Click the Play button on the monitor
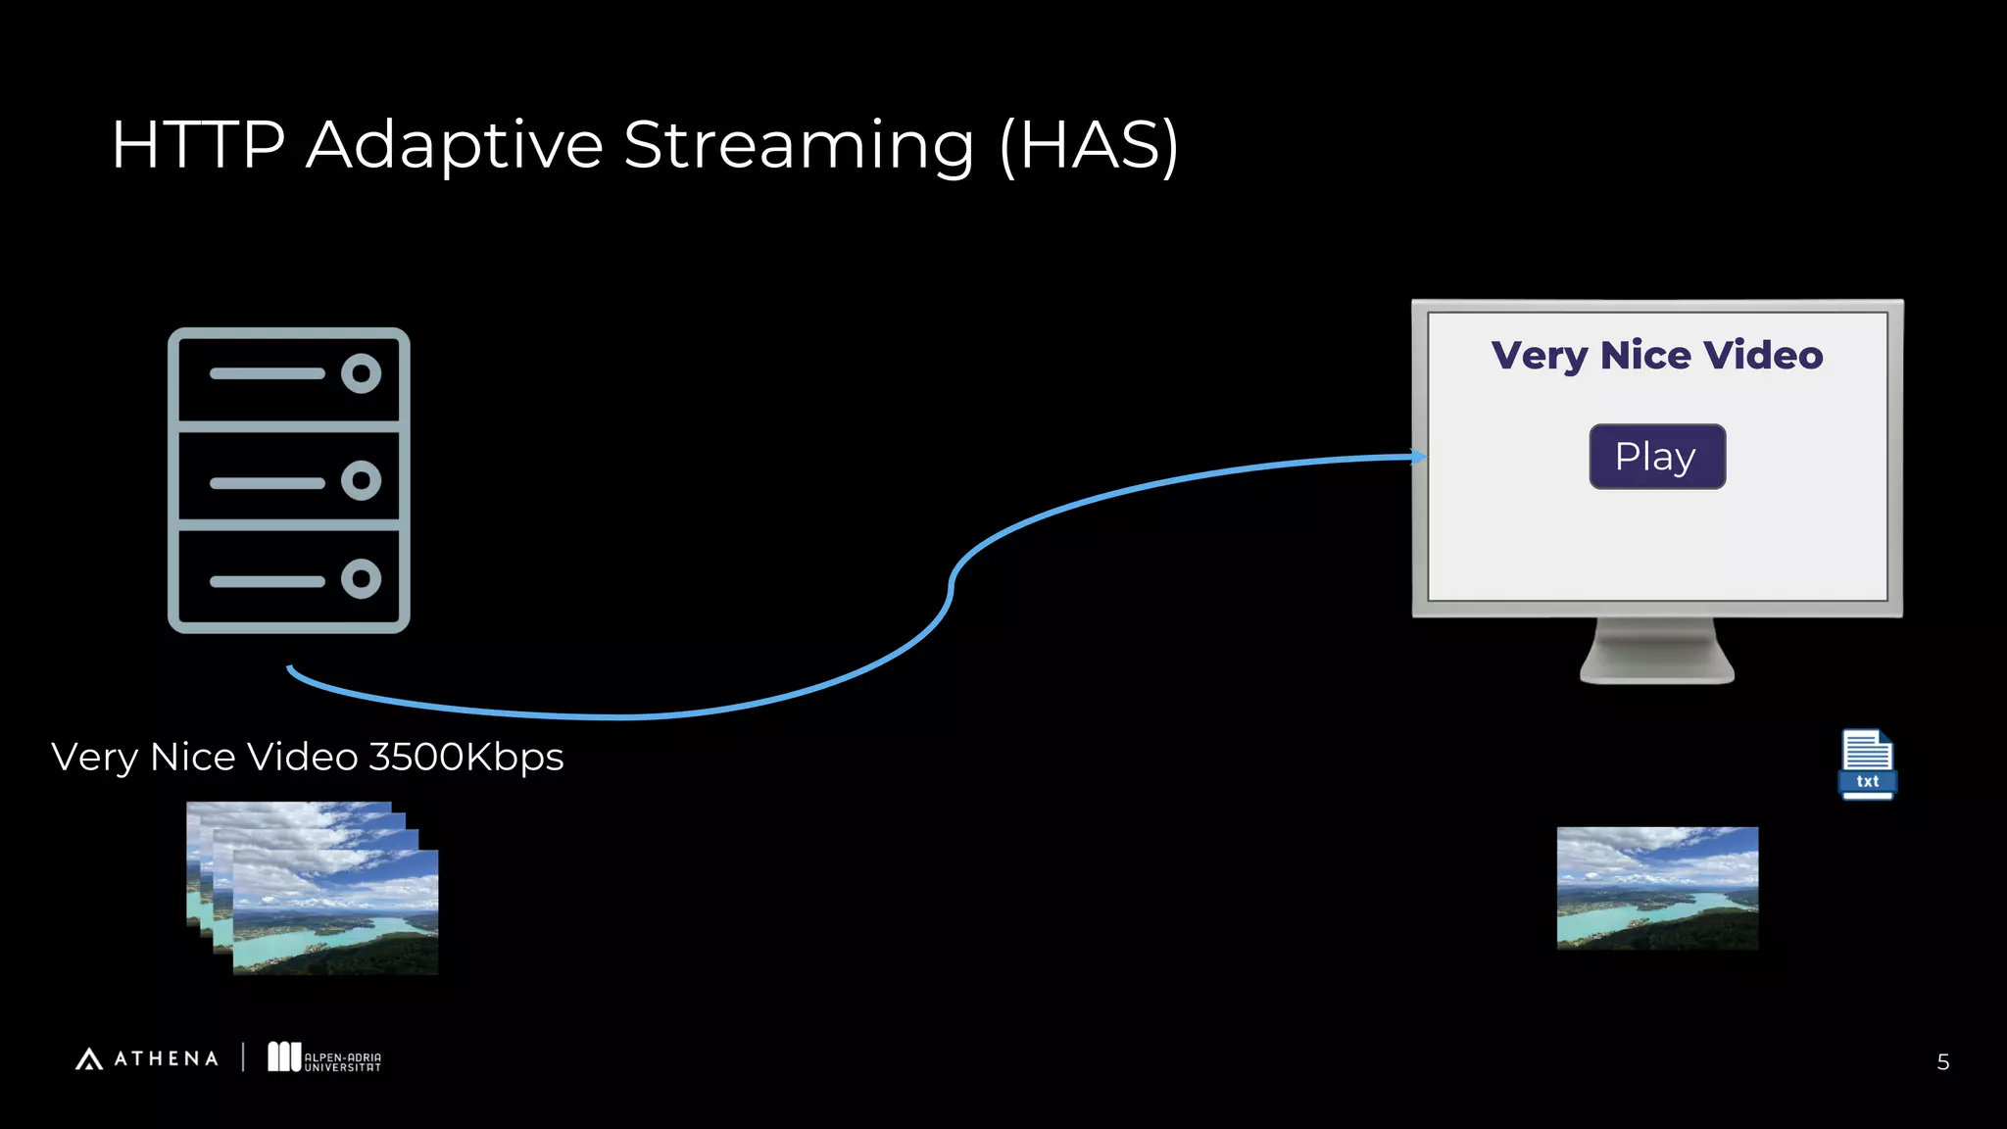coord(1656,457)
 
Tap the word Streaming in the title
coord(799,145)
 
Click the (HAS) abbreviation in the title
coord(1089,145)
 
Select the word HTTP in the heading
coord(198,145)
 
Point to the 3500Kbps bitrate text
coord(465,757)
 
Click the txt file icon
coord(1867,764)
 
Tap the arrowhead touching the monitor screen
coord(1418,456)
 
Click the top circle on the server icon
coord(361,373)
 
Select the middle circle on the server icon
coord(361,480)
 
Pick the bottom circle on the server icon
coord(361,578)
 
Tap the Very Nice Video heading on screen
coord(1656,355)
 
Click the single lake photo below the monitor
coord(1656,888)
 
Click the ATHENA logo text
coord(166,1058)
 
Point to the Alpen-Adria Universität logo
coord(324,1057)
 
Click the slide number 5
coord(1942,1062)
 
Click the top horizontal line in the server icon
coord(267,373)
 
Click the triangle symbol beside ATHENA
coord(89,1058)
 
